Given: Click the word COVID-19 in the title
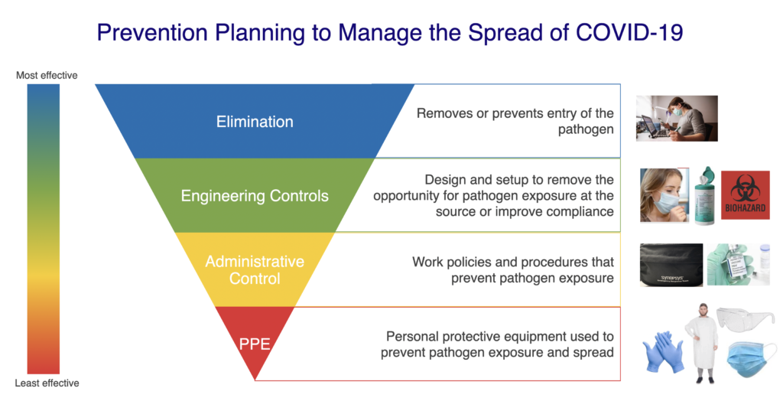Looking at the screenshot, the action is [x=629, y=32].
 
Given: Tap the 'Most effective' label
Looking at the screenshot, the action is [x=47, y=76].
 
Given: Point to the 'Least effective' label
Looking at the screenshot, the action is [x=47, y=383].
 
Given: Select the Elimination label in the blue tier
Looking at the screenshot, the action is [x=255, y=122].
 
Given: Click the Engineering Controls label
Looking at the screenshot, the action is [x=255, y=195].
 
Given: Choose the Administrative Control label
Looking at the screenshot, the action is [x=255, y=270].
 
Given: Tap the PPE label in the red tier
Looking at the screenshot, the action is [x=255, y=344].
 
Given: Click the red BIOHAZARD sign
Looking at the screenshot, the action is [x=745, y=195].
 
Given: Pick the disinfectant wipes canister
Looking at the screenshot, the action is [x=704, y=195].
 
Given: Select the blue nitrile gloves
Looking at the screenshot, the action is [x=663, y=352].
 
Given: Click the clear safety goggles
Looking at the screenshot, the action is [x=745, y=320].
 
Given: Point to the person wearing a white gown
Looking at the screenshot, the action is [x=703, y=343].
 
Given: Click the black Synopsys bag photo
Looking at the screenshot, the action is [x=671, y=265].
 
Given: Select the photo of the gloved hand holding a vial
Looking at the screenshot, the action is [x=739, y=265].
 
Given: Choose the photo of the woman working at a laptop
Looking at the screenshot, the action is [x=677, y=119].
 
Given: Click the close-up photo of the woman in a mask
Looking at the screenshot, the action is [x=664, y=195].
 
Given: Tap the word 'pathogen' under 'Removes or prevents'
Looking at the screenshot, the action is [x=586, y=129].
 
